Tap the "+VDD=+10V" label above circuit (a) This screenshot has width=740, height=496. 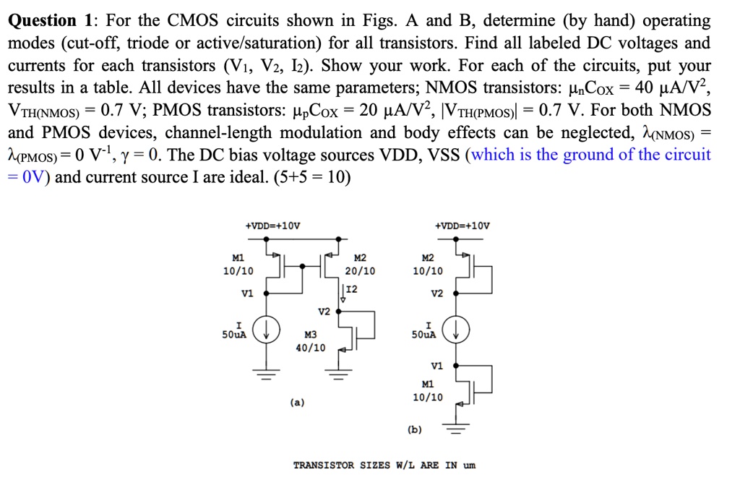point(272,226)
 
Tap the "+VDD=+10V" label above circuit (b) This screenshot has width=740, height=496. point(462,226)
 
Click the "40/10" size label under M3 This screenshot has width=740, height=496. point(311,348)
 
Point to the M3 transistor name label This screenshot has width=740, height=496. point(311,335)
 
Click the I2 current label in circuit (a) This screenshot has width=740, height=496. point(352,289)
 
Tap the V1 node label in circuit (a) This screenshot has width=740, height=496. point(247,294)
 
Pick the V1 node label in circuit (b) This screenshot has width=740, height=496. point(436,365)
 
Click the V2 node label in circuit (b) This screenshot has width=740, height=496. point(436,294)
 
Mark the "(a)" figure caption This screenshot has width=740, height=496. point(297,402)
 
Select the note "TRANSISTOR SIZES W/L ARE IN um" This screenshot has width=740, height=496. point(384,465)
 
